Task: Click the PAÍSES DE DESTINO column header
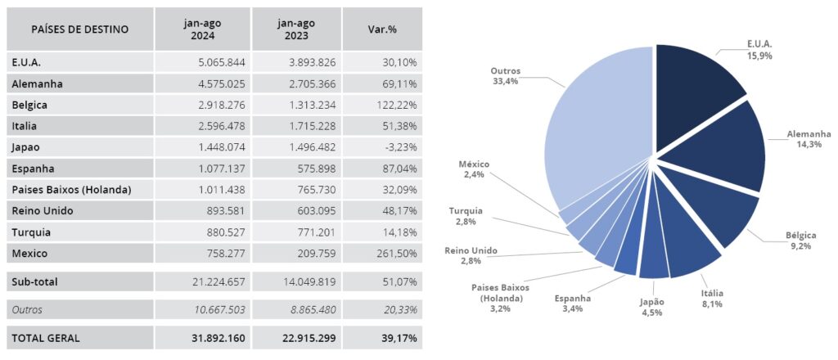79,29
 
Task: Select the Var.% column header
382,29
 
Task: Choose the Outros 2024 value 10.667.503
215,309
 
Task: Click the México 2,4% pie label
474,169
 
